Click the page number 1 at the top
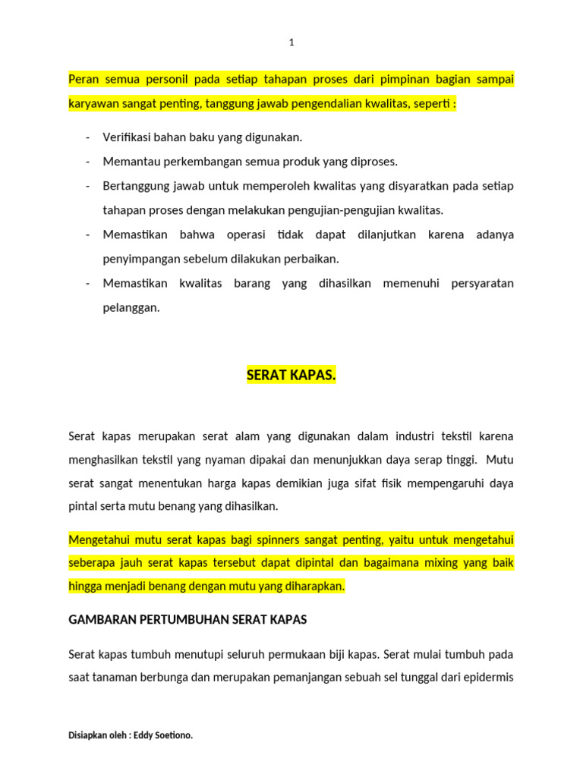click(x=291, y=42)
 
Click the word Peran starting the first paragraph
click(x=84, y=80)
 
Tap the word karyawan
click(x=93, y=104)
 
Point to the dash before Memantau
click(x=88, y=162)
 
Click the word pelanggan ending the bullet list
click(x=131, y=307)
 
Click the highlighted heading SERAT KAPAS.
click(x=291, y=375)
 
